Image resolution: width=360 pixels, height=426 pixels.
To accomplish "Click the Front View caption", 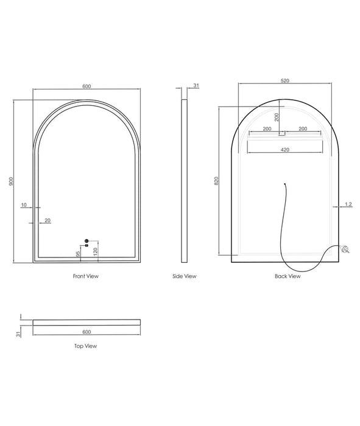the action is pos(86,276).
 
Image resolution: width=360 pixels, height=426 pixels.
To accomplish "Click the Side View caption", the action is pos(185,276).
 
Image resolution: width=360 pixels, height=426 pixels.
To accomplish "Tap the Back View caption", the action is pos(288,276).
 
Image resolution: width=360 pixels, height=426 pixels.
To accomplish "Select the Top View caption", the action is pos(86,346).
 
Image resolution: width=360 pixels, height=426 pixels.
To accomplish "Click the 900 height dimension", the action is pos(11,181).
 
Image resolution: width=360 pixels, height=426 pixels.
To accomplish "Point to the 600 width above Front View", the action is pos(86,86).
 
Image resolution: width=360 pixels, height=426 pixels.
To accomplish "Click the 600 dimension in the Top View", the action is pos(86,332).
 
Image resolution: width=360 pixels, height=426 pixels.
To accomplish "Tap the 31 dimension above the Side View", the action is pos(196,85).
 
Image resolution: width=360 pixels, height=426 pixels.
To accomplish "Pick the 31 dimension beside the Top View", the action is pos(18,334).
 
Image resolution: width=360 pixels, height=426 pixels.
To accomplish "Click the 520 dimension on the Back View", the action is pos(285,81).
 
